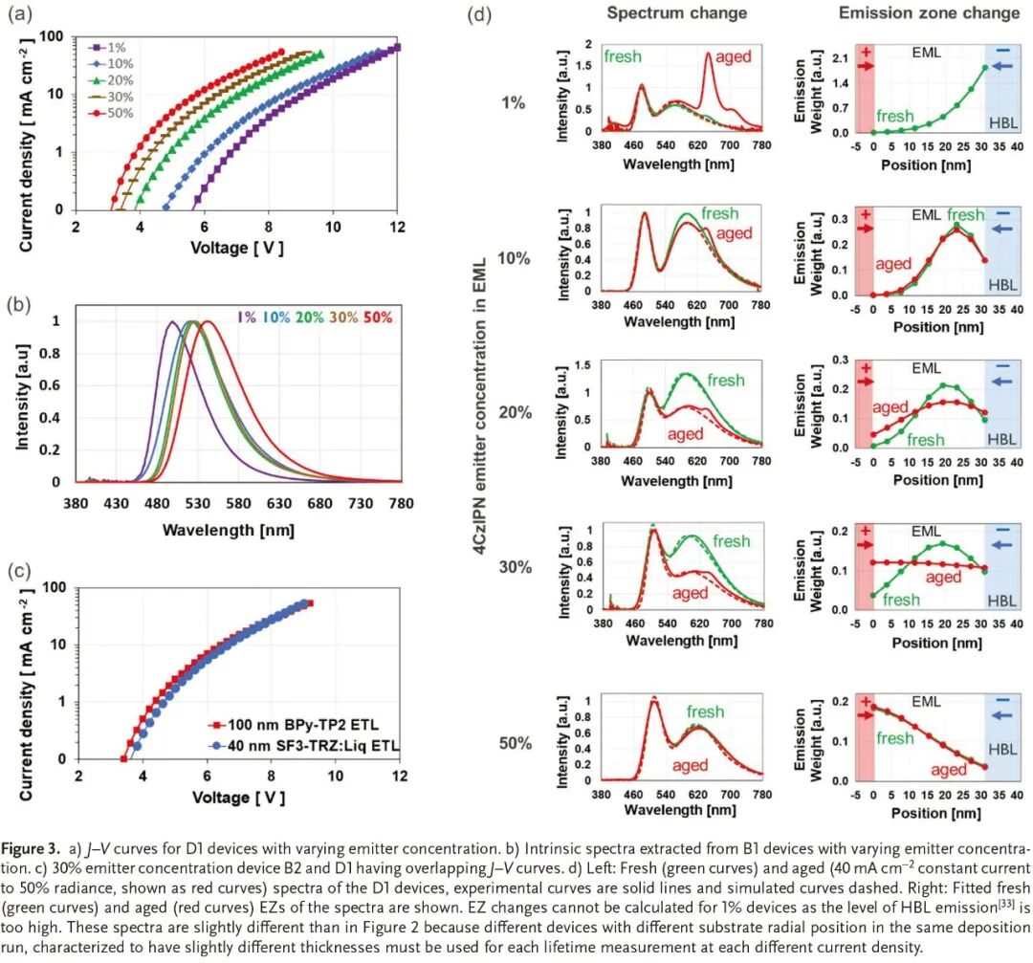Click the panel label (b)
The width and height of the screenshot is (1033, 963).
tap(22, 306)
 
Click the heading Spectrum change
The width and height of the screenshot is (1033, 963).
tap(677, 13)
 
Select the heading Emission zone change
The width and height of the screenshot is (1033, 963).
tap(929, 13)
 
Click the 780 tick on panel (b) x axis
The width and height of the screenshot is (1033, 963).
tap(402, 504)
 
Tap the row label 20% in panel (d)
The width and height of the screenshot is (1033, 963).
tap(513, 412)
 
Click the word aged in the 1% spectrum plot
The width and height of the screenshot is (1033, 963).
tap(733, 56)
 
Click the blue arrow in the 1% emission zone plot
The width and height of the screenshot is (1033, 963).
tap(1001, 66)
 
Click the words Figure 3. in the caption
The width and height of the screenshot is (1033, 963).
tap(33, 849)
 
